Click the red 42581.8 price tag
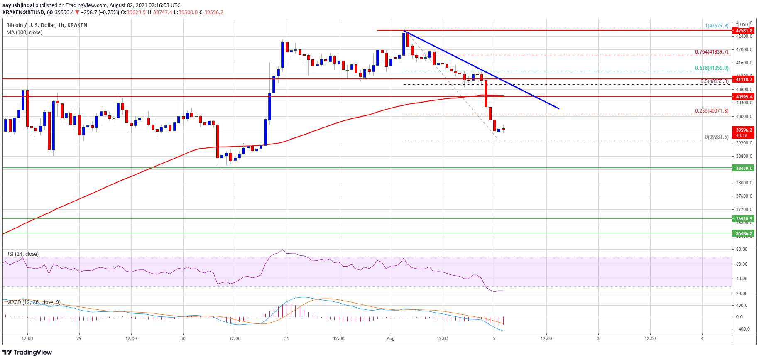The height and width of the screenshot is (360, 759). click(744, 31)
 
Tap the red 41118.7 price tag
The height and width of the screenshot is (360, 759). click(744, 79)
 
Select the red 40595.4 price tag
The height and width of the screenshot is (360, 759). click(744, 97)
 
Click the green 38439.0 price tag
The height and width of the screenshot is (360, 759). click(744, 168)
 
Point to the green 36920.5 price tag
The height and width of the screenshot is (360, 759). click(744, 219)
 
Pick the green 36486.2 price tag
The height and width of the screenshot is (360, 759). click(744, 233)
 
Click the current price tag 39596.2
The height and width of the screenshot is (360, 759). click(744, 130)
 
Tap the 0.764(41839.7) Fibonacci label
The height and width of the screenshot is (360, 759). click(712, 52)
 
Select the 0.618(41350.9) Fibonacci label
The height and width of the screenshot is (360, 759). click(712, 68)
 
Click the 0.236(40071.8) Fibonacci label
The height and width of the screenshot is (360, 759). click(712, 111)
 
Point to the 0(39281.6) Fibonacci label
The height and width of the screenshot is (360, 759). click(717, 137)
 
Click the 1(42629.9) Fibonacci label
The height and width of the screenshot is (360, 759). click(717, 26)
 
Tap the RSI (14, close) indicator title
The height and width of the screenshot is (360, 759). click(22, 254)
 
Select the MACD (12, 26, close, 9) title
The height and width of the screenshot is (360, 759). click(34, 302)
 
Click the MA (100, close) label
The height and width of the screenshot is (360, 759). click(24, 32)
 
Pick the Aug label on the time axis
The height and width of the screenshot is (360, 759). click(390, 338)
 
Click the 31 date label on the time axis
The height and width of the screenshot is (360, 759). click(286, 338)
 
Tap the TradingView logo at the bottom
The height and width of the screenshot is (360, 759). click(28, 353)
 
